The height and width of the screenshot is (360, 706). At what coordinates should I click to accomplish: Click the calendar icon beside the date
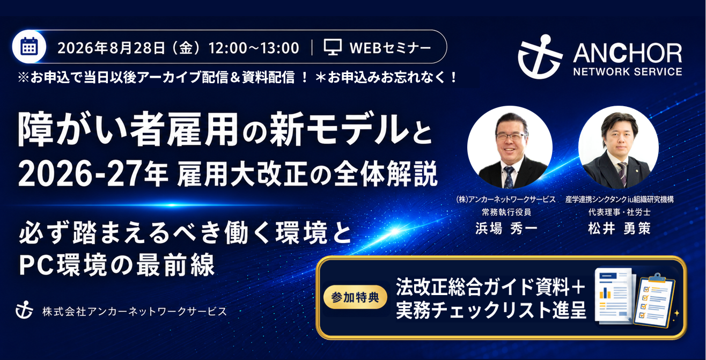click(29, 47)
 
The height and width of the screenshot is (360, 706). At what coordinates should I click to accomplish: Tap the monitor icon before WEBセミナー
click(333, 47)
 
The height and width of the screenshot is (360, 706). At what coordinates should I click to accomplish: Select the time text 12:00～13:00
click(254, 48)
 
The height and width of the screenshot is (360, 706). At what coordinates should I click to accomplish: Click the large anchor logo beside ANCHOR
click(540, 57)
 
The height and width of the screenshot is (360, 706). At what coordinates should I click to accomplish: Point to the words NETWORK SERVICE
click(628, 72)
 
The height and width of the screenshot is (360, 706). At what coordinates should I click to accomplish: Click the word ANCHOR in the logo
click(628, 53)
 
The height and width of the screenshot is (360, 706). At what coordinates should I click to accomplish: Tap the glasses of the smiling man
click(510, 136)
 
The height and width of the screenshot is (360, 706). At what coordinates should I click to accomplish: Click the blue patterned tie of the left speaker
click(509, 177)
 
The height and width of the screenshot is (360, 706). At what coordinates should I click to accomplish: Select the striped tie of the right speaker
click(622, 173)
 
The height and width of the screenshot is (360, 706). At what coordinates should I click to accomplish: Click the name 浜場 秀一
click(506, 229)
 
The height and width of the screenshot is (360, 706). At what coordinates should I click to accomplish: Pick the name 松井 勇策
click(619, 229)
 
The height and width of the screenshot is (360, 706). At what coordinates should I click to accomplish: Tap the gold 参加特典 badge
click(355, 297)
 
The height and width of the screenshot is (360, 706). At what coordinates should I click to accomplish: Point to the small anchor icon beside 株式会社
click(24, 311)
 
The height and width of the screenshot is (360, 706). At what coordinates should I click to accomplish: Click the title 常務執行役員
click(506, 212)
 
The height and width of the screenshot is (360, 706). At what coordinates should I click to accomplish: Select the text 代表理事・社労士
click(619, 212)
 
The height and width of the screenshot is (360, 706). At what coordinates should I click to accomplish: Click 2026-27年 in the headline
click(93, 174)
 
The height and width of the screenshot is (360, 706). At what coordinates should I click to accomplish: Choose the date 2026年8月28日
click(111, 48)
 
